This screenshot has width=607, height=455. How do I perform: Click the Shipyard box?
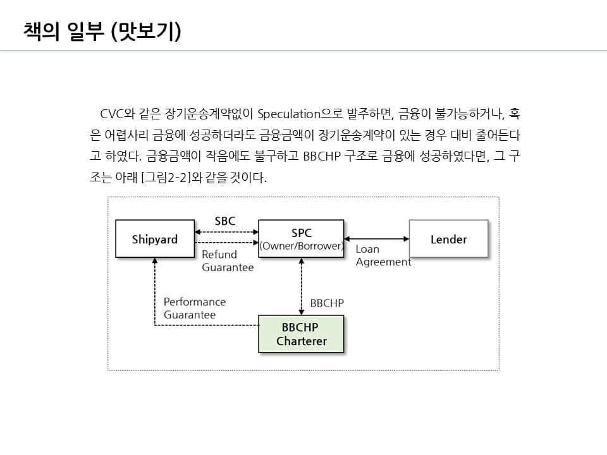pyautogui.click(x=155, y=239)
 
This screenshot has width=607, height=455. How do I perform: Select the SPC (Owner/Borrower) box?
pyautogui.click(x=301, y=238)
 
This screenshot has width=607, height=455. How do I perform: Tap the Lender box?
pyautogui.click(x=448, y=239)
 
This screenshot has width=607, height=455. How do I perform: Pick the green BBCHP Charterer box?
pyautogui.click(x=301, y=334)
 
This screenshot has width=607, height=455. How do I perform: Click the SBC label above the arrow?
pyautogui.click(x=225, y=221)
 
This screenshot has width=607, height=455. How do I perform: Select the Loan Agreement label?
pyautogui.click(x=383, y=256)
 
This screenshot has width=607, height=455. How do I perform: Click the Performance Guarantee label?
pyautogui.click(x=194, y=308)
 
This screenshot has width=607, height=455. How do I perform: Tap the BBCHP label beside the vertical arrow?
pyautogui.click(x=327, y=303)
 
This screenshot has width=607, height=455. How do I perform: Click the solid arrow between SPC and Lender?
pyautogui.click(x=377, y=239)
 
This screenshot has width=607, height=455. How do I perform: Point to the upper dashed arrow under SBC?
pyautogui.click(x=226, y=233)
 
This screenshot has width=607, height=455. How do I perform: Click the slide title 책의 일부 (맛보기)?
pyautogui.click(x=102, y=31)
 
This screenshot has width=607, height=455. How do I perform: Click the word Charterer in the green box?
pyautogui.click(x=302, y=341)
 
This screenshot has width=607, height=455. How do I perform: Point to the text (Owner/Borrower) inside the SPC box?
pyautogui.click(x=301, y=246)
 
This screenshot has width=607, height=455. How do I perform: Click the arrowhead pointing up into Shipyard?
pyautogui.click(x=155, y=260)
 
